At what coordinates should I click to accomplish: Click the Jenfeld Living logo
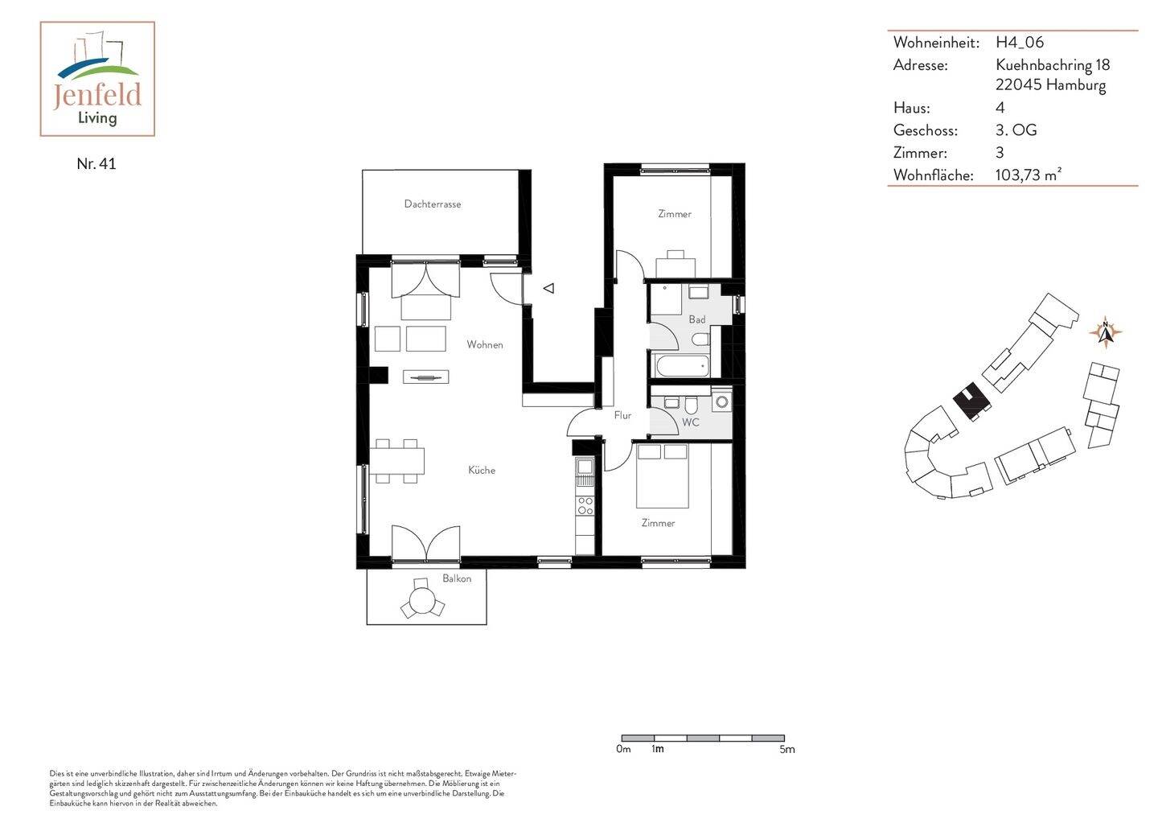pyautogui.click(x=97, y=79)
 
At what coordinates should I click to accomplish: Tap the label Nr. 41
pyautogui.click(x=96, y=163)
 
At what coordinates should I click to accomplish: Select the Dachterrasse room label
pyautogui.click(x=432, y=204)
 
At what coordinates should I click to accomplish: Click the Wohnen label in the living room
pyautogui.click(x=485, y=344)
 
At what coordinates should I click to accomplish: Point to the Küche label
pyautogui.click(x=482, y=470)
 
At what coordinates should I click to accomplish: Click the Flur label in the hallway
pyautogui.click(x=622, y=415)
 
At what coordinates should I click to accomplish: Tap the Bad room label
pyautogui.click(x=696, y=319)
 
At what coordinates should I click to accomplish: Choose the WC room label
pyautogui.click(x=690, y=422)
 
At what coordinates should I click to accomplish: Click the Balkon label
pyautogui.click(x=457, y=578)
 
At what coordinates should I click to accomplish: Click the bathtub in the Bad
pyautogui.click(x=682, y=366)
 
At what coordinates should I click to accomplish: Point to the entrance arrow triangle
pyautogui.click(x=548, y=288)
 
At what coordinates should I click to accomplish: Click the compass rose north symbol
pyautogui.click(x=1106, y=332)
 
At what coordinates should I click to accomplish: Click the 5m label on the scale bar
pyautogui.click(x=786, y=750)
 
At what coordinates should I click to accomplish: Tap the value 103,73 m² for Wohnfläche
pyautogui.click(x=1028, y=175)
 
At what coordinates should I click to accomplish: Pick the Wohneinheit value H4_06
pyautogui.click(x=1019, y=42)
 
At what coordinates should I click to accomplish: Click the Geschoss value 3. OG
pyautogui.click(x=1016, y=130)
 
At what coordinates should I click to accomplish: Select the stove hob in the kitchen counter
pyautogui.click(x=585, y=505)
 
